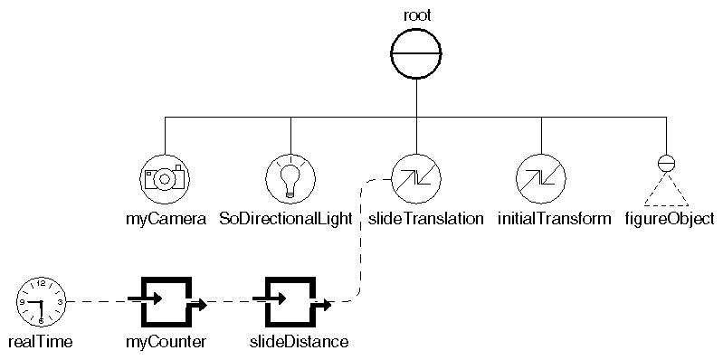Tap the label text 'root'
coord(415,14)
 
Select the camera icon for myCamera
coord(165,177)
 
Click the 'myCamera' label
coord(165,220)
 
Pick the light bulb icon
coord(290,177)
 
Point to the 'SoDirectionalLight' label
coord(286,220)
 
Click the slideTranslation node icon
coord(415,177)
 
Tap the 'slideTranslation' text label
coord(426,220)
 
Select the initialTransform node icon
coord(540,177)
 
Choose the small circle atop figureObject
coord(666,164)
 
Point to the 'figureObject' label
coord(670,220)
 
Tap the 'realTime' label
coord(39,342)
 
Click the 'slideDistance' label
coord(299,342)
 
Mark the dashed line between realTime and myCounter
coord(100,301)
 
